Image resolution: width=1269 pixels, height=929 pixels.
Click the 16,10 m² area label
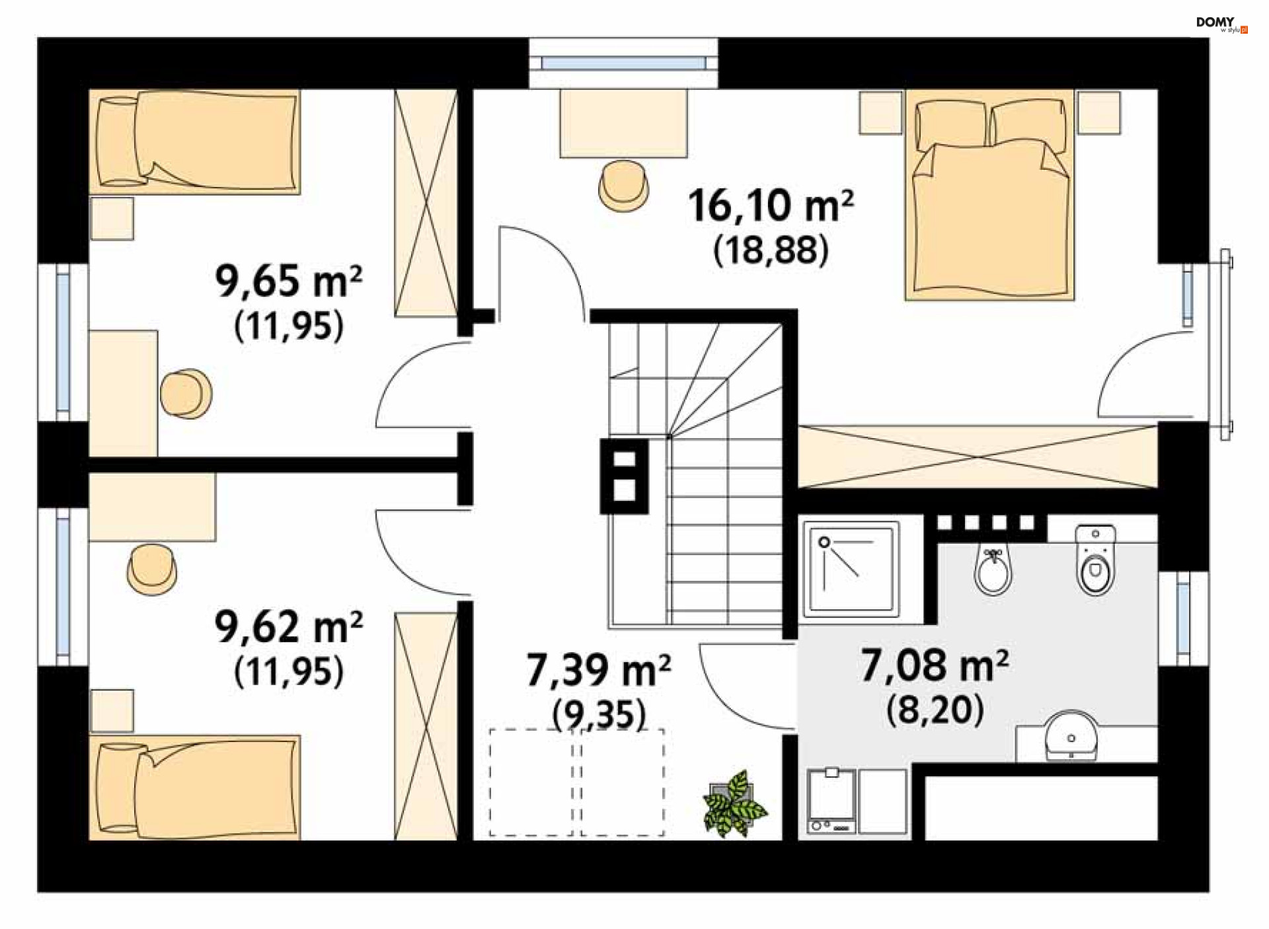tap(771, 205)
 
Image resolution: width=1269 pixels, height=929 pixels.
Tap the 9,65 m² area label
tap(289, 281)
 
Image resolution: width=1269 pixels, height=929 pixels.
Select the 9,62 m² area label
tap(289, 627)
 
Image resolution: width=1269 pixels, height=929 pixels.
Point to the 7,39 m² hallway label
tap(599, 670)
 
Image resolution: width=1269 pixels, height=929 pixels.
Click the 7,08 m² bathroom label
tap(935, 665)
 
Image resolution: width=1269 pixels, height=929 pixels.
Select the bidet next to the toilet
tap(993, 571)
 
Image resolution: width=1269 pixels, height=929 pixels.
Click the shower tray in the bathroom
tap(851, 569)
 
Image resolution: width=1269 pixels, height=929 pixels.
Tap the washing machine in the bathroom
tap(831, 801)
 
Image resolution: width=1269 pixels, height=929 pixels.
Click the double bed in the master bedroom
tap(989, 196)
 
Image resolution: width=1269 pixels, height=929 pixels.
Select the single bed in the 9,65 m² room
tap(195, 141)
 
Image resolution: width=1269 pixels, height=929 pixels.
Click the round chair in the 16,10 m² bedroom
tap(623, 184)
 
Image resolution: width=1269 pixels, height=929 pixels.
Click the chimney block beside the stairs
tap(624, 476)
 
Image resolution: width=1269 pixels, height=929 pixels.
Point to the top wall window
tap(623, 63)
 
